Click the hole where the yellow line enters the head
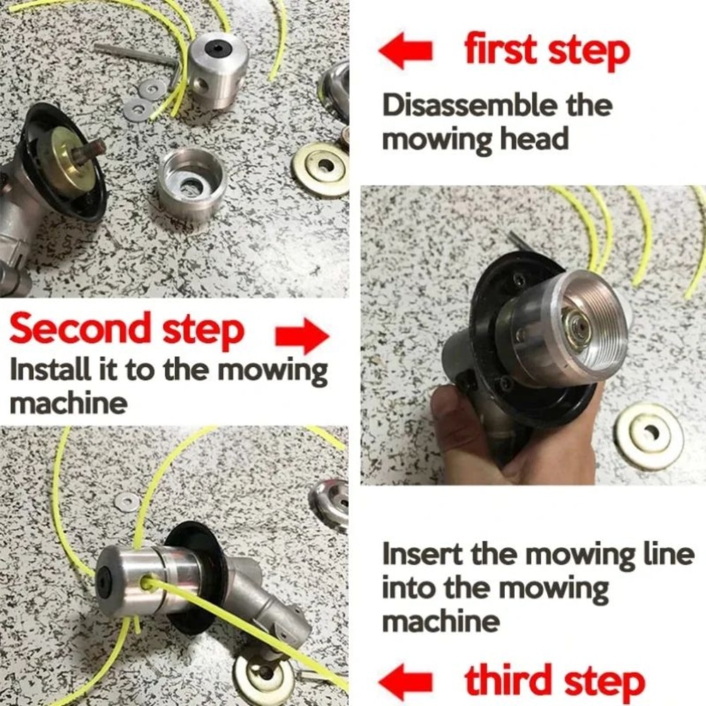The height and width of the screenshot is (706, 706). coord(148,582)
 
